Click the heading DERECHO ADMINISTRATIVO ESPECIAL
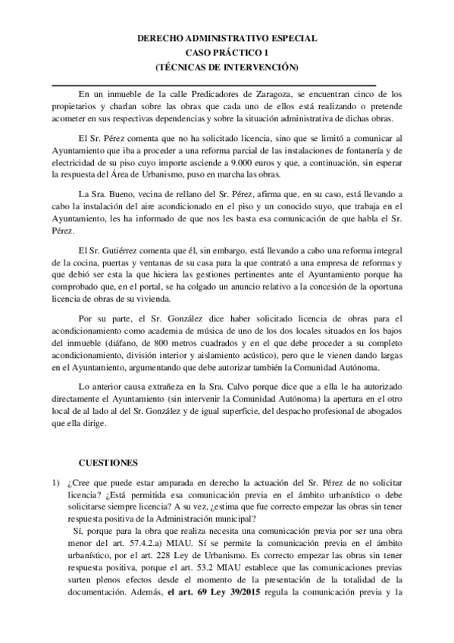(x=227, y=37)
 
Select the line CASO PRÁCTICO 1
(x=227, y=52)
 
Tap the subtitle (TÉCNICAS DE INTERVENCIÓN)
(x=227, y=67)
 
